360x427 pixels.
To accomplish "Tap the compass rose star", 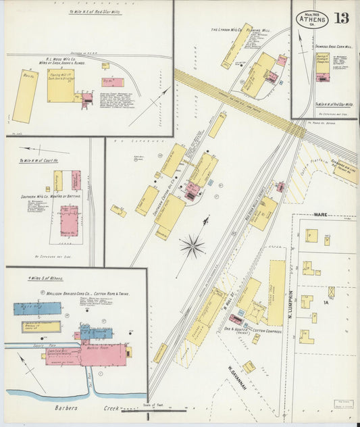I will pyautogui.click(x=192, y=245).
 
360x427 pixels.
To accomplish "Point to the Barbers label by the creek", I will pyautogui.click(x=70, y=408).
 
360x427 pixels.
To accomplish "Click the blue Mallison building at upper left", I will pyautogui.click(x=36, y=309).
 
